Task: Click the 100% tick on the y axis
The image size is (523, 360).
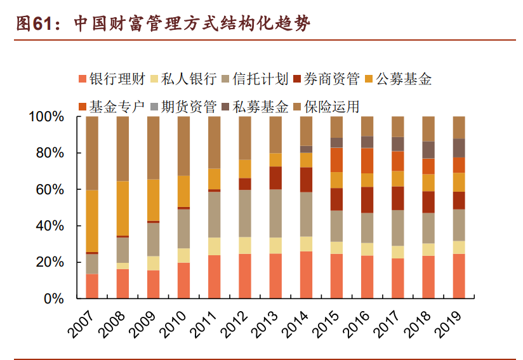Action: tap(46, 117)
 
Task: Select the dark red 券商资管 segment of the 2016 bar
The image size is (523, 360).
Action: tap(367, 199)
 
